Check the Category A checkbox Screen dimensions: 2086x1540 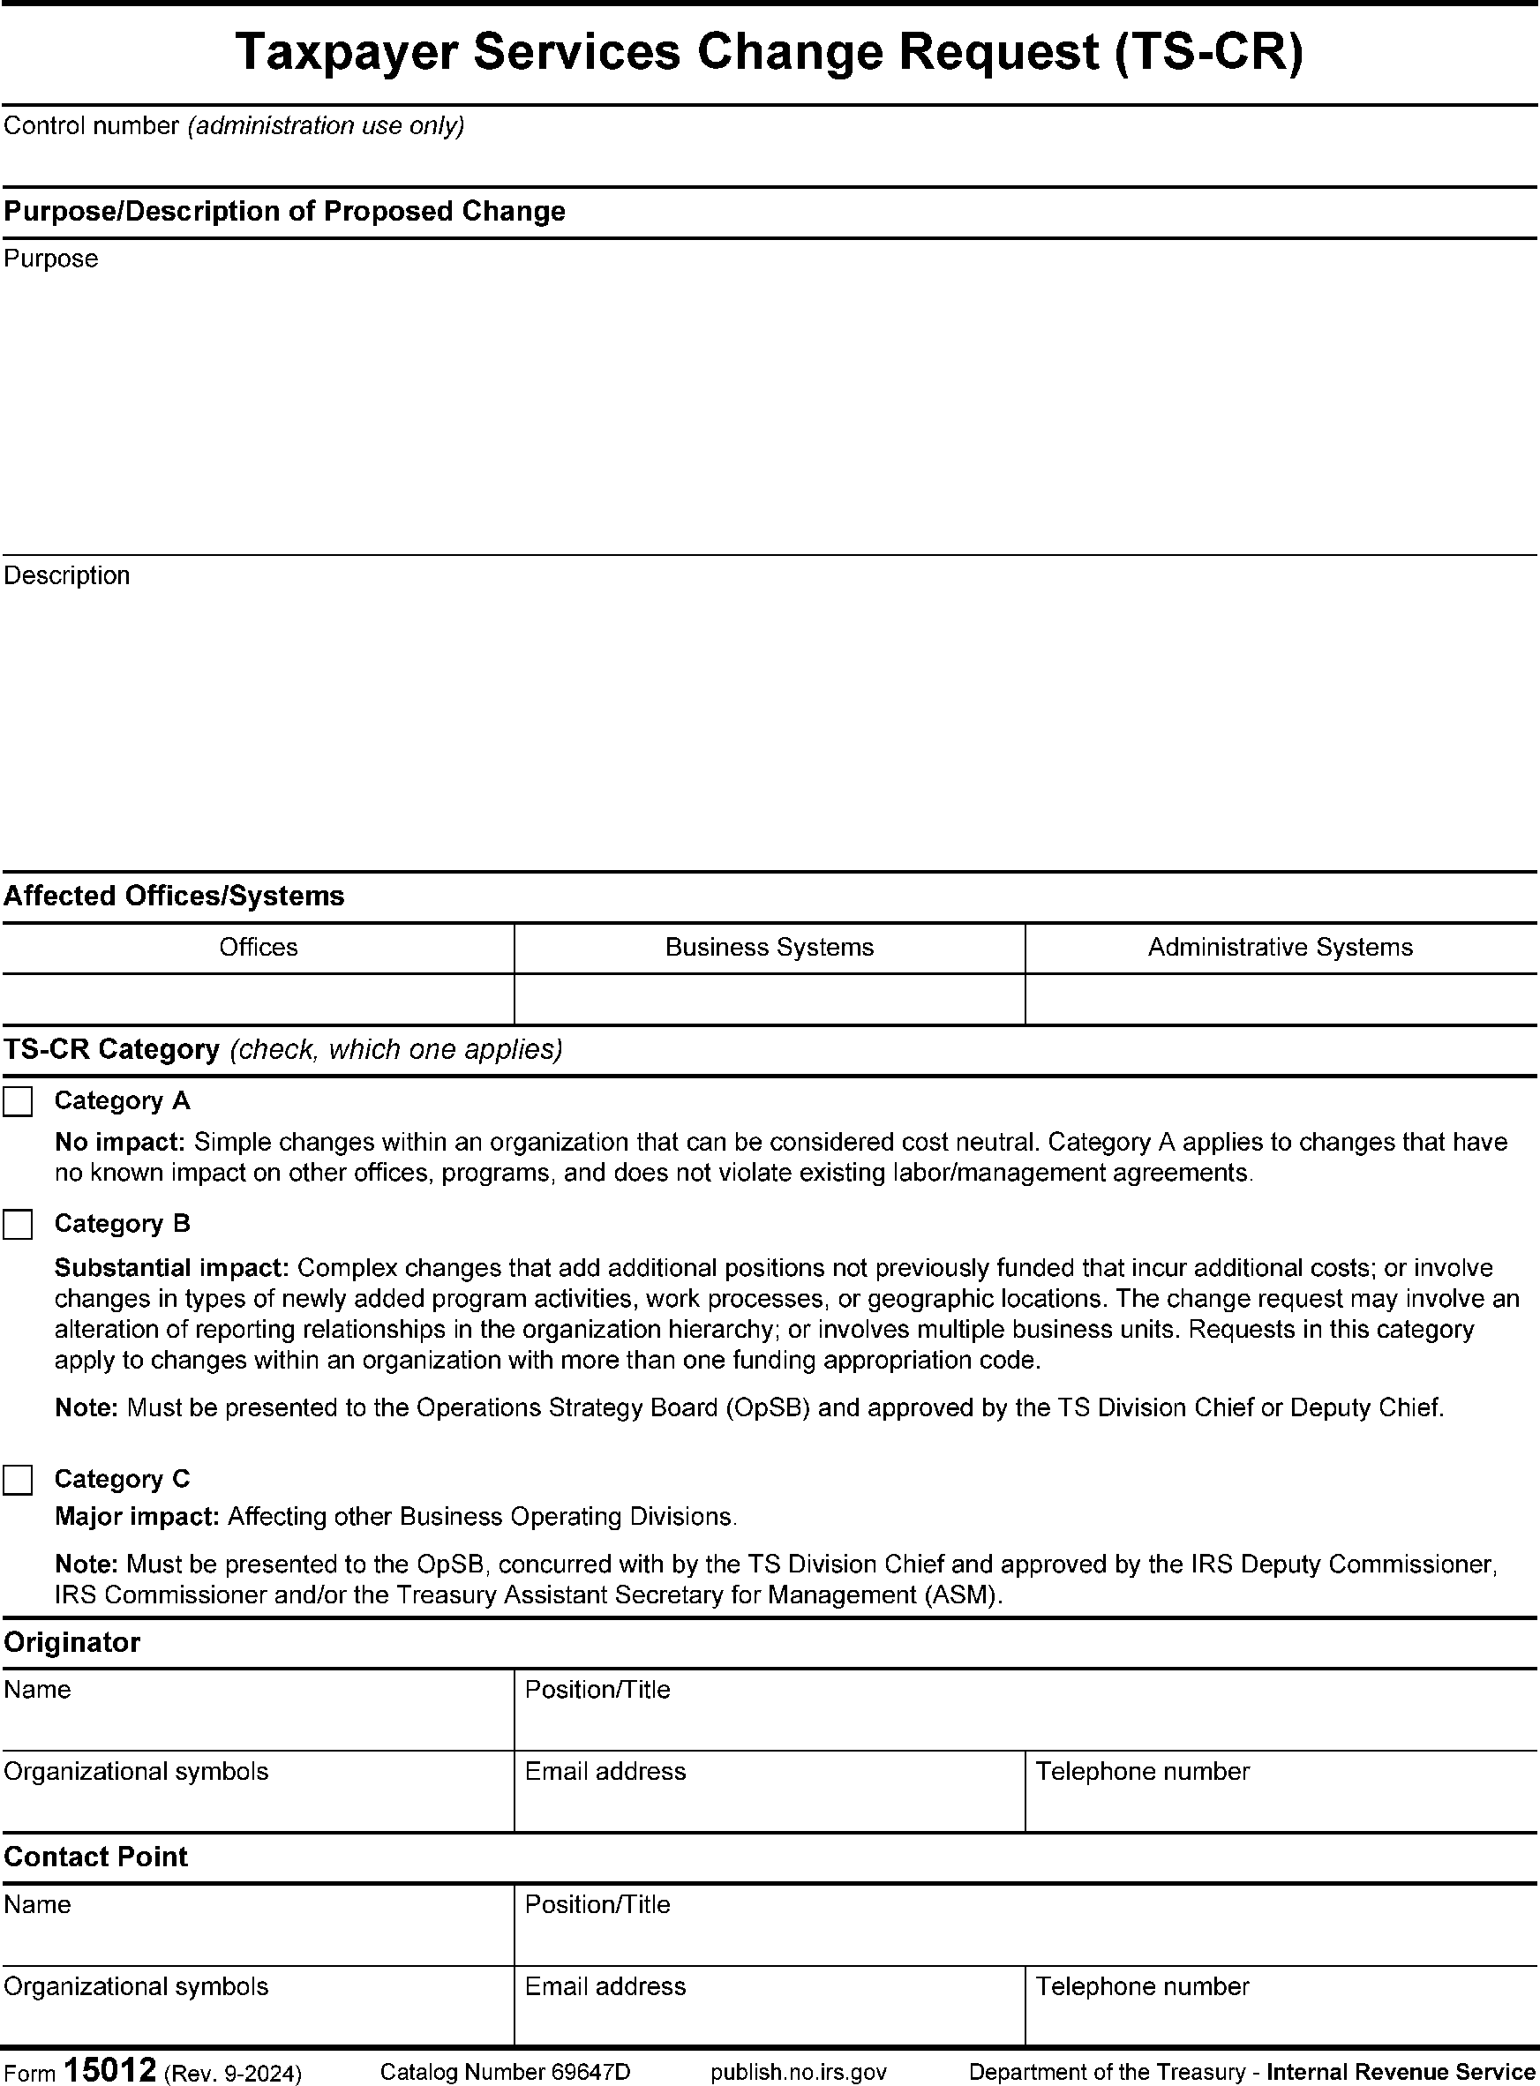tap(18, 1102)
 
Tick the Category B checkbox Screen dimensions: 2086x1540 tap(18, 1225)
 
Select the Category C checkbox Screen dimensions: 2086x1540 tap(18, 1480)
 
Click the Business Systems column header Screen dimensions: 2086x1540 tap(769, 948)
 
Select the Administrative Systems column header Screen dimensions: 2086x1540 tap(1280, 948)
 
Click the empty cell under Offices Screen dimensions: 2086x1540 tap(258, 999)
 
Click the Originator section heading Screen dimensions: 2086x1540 tap(71, 1642)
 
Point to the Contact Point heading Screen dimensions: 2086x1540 tap(95, 1857)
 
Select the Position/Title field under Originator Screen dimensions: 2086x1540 tap(1025, 1719)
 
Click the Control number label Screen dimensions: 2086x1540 tap(92, 126)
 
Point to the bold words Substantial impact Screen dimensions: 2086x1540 tap(172, 1268)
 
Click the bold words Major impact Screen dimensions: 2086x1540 tap(137, 1517)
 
